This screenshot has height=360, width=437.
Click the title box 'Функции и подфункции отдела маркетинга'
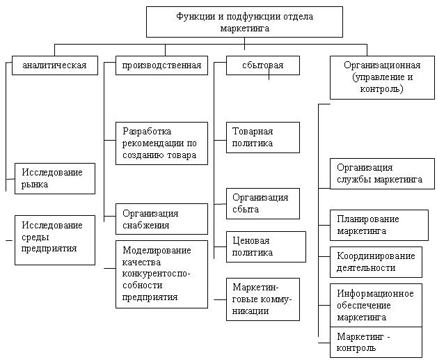pyautogui.click(x=244, y=21)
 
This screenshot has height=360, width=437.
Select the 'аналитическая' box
pyautogui.click(x=55, y=66)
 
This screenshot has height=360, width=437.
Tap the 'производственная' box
pyautogui.click(x=161, y=66)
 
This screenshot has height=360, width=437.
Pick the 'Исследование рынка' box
pyautogui.click(x=55, y=178)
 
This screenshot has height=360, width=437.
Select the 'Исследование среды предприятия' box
pyautogui.click(x=55, y=240)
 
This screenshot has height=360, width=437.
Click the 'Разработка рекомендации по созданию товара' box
pyautogui.click(x=161, y=143)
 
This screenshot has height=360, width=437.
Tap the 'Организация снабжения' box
pyautogui.click(x=161, y=219)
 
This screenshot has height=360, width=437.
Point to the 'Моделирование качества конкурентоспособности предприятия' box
pyautogui.click(x=161, y=273)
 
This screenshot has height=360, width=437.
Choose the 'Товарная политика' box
pyautogui.click(x=263, y=137)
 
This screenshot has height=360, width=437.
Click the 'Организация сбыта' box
pyautogui.click(x=263, y=203)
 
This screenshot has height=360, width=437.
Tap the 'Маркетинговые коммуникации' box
pyautogui.click(x=263, y=299)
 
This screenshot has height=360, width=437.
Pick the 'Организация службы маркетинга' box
pyautogui.click(x=381, y=173)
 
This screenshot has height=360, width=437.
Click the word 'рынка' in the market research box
pyautogui.click(x=34, y=184)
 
